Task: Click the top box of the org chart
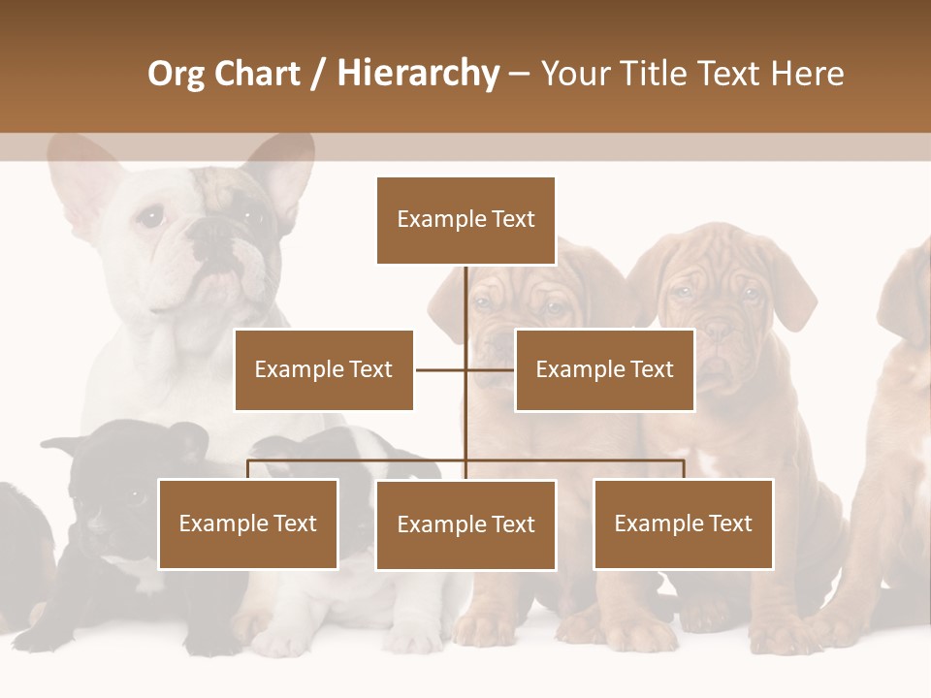coord(465,220)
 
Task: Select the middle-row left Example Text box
coord(324,369)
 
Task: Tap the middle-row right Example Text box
coord(604,369)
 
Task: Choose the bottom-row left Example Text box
coord(248,523)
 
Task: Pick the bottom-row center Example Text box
coord(465,524)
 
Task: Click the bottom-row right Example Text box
coord(683,523)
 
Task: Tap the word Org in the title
coord(177,74)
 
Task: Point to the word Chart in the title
coord(256,74)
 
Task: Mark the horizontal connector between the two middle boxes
coord(465,369)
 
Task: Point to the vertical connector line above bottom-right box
coord(683,469)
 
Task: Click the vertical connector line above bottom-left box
coord(248,469)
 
